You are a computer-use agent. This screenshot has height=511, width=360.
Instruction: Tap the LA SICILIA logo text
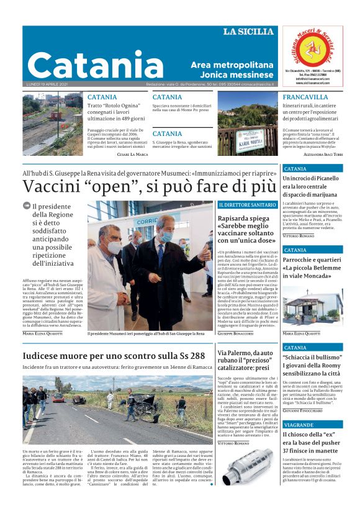coord(248,32)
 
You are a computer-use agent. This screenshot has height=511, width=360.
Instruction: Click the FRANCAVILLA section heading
coord(305,97)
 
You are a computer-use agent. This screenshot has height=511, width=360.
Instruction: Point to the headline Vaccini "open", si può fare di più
coord(149,186)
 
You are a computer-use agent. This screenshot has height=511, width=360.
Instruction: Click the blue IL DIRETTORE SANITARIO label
coord(246,204)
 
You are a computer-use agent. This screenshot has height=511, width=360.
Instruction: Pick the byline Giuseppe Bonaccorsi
coord(235,334)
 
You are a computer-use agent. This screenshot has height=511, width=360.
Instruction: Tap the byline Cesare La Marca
coord(132,154)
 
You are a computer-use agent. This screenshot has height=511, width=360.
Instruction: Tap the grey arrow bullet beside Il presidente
coord(26,206)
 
